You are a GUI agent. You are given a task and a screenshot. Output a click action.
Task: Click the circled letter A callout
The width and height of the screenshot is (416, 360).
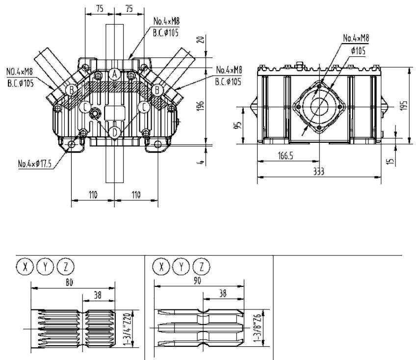click(115, 75)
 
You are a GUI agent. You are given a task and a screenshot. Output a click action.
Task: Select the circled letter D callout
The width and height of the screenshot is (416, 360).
click(115, 132)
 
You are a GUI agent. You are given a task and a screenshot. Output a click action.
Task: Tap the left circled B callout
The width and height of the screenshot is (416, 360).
click(72, 90)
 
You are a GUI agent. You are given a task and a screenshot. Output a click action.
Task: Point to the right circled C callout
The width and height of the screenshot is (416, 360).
click(144, 107)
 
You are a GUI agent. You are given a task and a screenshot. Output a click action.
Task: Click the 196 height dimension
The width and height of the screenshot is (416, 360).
click(201, 106)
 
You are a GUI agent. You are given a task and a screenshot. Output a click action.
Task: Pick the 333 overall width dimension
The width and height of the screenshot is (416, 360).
click(319, 171)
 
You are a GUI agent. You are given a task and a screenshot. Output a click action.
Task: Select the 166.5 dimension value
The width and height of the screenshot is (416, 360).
click(286, 156)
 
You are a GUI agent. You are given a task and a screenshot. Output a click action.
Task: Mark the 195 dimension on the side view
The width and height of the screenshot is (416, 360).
click(403, 105)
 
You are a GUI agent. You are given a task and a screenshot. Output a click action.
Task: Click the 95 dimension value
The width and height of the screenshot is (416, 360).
click(238, 125)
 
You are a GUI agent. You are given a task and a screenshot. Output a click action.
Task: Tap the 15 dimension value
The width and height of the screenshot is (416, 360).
click(390, 161)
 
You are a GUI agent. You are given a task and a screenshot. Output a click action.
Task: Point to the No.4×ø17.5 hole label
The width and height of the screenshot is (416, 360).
click(35, 163)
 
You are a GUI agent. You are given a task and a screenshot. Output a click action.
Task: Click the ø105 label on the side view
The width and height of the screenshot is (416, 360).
click(358, 51)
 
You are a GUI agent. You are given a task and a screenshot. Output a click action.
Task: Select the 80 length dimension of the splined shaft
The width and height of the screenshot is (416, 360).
click(69, 283)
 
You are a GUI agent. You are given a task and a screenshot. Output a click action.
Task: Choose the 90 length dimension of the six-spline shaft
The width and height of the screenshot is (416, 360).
click(197, 281)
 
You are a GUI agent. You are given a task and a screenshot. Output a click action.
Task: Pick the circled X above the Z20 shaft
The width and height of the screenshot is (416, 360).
click(25, 266)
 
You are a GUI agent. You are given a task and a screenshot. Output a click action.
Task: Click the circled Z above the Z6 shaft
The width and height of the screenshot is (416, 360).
click(201, 266)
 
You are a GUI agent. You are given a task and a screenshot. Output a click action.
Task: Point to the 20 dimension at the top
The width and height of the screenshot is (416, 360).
click(201, 40)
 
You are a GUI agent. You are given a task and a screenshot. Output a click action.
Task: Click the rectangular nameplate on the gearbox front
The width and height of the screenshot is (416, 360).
click(115, 113)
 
